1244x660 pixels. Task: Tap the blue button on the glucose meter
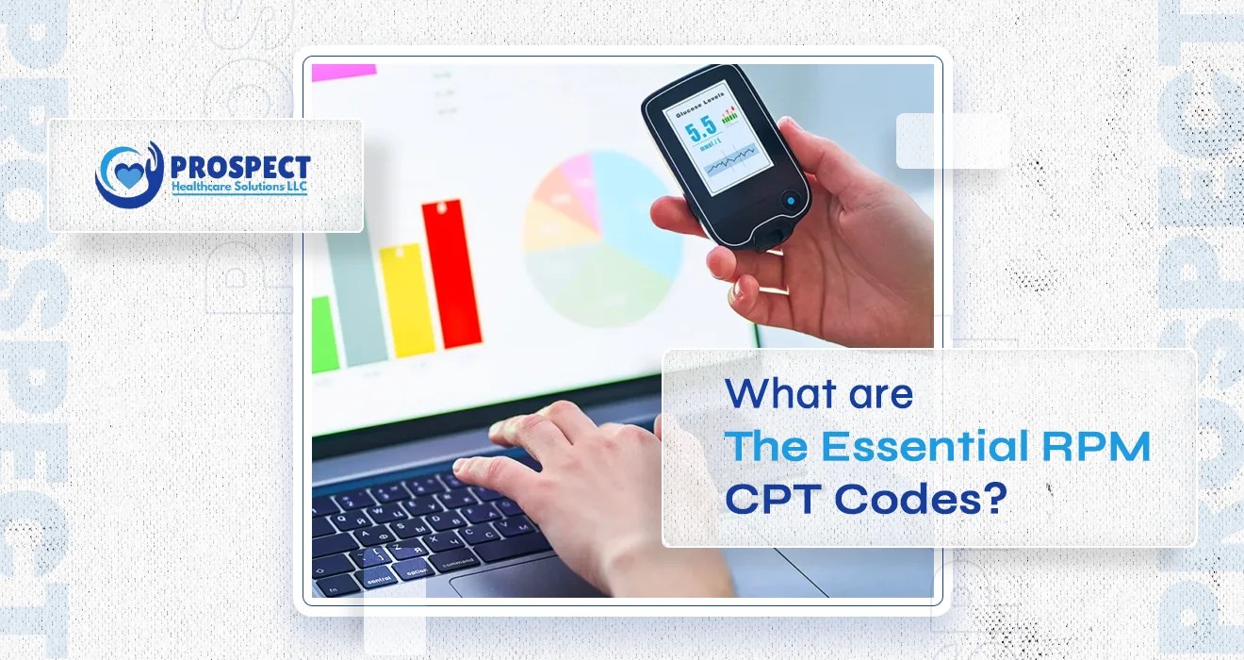click(789, 200)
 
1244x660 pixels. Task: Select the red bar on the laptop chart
click(452, 273)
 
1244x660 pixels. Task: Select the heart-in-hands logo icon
click(128, 175)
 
